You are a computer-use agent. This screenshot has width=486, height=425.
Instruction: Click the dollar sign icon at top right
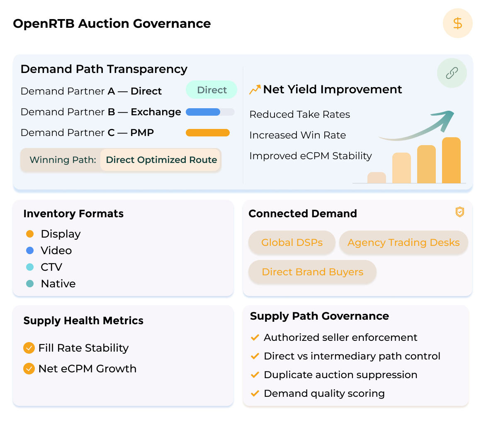tap(457, 23)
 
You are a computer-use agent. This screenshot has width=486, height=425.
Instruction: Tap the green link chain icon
tap(452, 73)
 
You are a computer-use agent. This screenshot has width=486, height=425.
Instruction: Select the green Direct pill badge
tap(211, 90)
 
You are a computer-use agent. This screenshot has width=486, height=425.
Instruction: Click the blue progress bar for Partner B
tap(203, 112)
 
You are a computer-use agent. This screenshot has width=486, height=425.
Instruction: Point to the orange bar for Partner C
tap(208, 133)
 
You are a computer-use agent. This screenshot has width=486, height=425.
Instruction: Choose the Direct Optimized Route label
tap(161, 160)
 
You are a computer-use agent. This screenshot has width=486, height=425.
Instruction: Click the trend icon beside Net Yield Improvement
tap(255, 89)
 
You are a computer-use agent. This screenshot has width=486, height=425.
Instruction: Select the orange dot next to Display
tap(30, 234)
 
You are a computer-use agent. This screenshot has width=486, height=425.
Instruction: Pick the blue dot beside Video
tap(30, 250)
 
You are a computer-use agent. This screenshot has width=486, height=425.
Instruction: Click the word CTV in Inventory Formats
tap(51, 267)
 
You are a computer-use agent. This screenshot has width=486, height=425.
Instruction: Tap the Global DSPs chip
tap(292, 243)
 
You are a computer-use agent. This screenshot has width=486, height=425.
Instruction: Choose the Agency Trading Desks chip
tap(403, 243)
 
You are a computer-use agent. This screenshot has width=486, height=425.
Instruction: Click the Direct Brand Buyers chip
tap(312, 272)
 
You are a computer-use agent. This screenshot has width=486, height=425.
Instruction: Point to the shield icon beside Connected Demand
tap(459, 212)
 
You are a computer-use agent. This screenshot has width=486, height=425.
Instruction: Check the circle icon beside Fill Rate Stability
tap(29, 348)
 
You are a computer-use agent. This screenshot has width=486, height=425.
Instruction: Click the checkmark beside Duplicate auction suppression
tap(255, 375)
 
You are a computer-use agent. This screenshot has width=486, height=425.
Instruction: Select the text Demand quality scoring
tap(324, 393)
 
